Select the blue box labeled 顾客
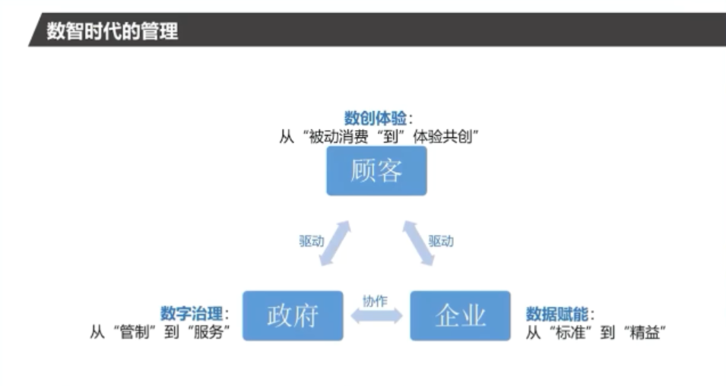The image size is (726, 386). point(376,171)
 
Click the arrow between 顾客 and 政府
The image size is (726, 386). point(334,244)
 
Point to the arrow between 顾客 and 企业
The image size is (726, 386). point(418,244)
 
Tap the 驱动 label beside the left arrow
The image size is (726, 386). point(311,242)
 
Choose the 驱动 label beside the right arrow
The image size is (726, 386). point(441,242)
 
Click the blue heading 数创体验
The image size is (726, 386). point(375,119)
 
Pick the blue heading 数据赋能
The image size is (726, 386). point(557,313)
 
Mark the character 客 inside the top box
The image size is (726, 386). point(389,171)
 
